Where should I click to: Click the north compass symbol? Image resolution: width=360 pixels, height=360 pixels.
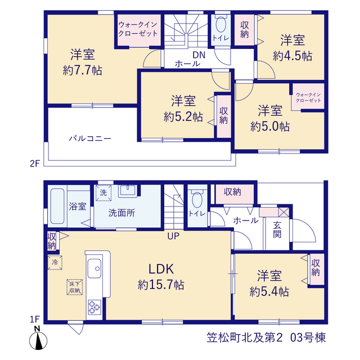click(x=38, y=339)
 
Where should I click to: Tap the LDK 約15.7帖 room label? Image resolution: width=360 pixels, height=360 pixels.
click(x=161, y=277)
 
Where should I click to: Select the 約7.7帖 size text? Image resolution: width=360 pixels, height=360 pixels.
click(x=83, y=70)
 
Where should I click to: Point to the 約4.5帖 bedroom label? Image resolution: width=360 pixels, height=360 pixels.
click(x=292, y=48)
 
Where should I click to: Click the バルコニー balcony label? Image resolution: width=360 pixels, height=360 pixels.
click(x=90, y=138)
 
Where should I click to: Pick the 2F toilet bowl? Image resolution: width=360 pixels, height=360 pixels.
click(x=221, y=24)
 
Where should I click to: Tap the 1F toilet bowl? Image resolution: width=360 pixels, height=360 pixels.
click(x=197, y=200)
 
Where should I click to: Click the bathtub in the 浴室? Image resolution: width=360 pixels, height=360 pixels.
click(x=57, y=206)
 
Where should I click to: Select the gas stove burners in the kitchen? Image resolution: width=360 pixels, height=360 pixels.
click(x=94, y=307)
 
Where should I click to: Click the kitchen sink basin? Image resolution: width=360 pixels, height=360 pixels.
click(x=94, y=268)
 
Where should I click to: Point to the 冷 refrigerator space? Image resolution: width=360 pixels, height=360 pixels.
click(x=55, y=262)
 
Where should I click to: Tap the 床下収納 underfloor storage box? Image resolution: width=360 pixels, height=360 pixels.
click(x=75, y=287)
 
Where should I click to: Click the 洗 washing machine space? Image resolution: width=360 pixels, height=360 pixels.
click(x=103, y=193)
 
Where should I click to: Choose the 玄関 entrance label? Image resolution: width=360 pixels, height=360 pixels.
click(x=277, y=230)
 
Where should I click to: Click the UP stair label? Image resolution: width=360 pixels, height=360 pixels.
click(x=173, y=236)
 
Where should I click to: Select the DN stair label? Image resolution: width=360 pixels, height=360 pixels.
click(x=199, y=55)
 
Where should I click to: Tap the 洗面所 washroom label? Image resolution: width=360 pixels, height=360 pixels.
click(x=121, y=213)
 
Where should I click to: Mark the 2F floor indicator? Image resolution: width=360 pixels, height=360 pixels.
click(x=35, y=164)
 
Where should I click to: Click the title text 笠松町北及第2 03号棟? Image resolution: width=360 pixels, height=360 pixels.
click(x=266, y=337)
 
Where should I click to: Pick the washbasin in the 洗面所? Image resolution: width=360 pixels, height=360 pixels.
click(x=127, y=191)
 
